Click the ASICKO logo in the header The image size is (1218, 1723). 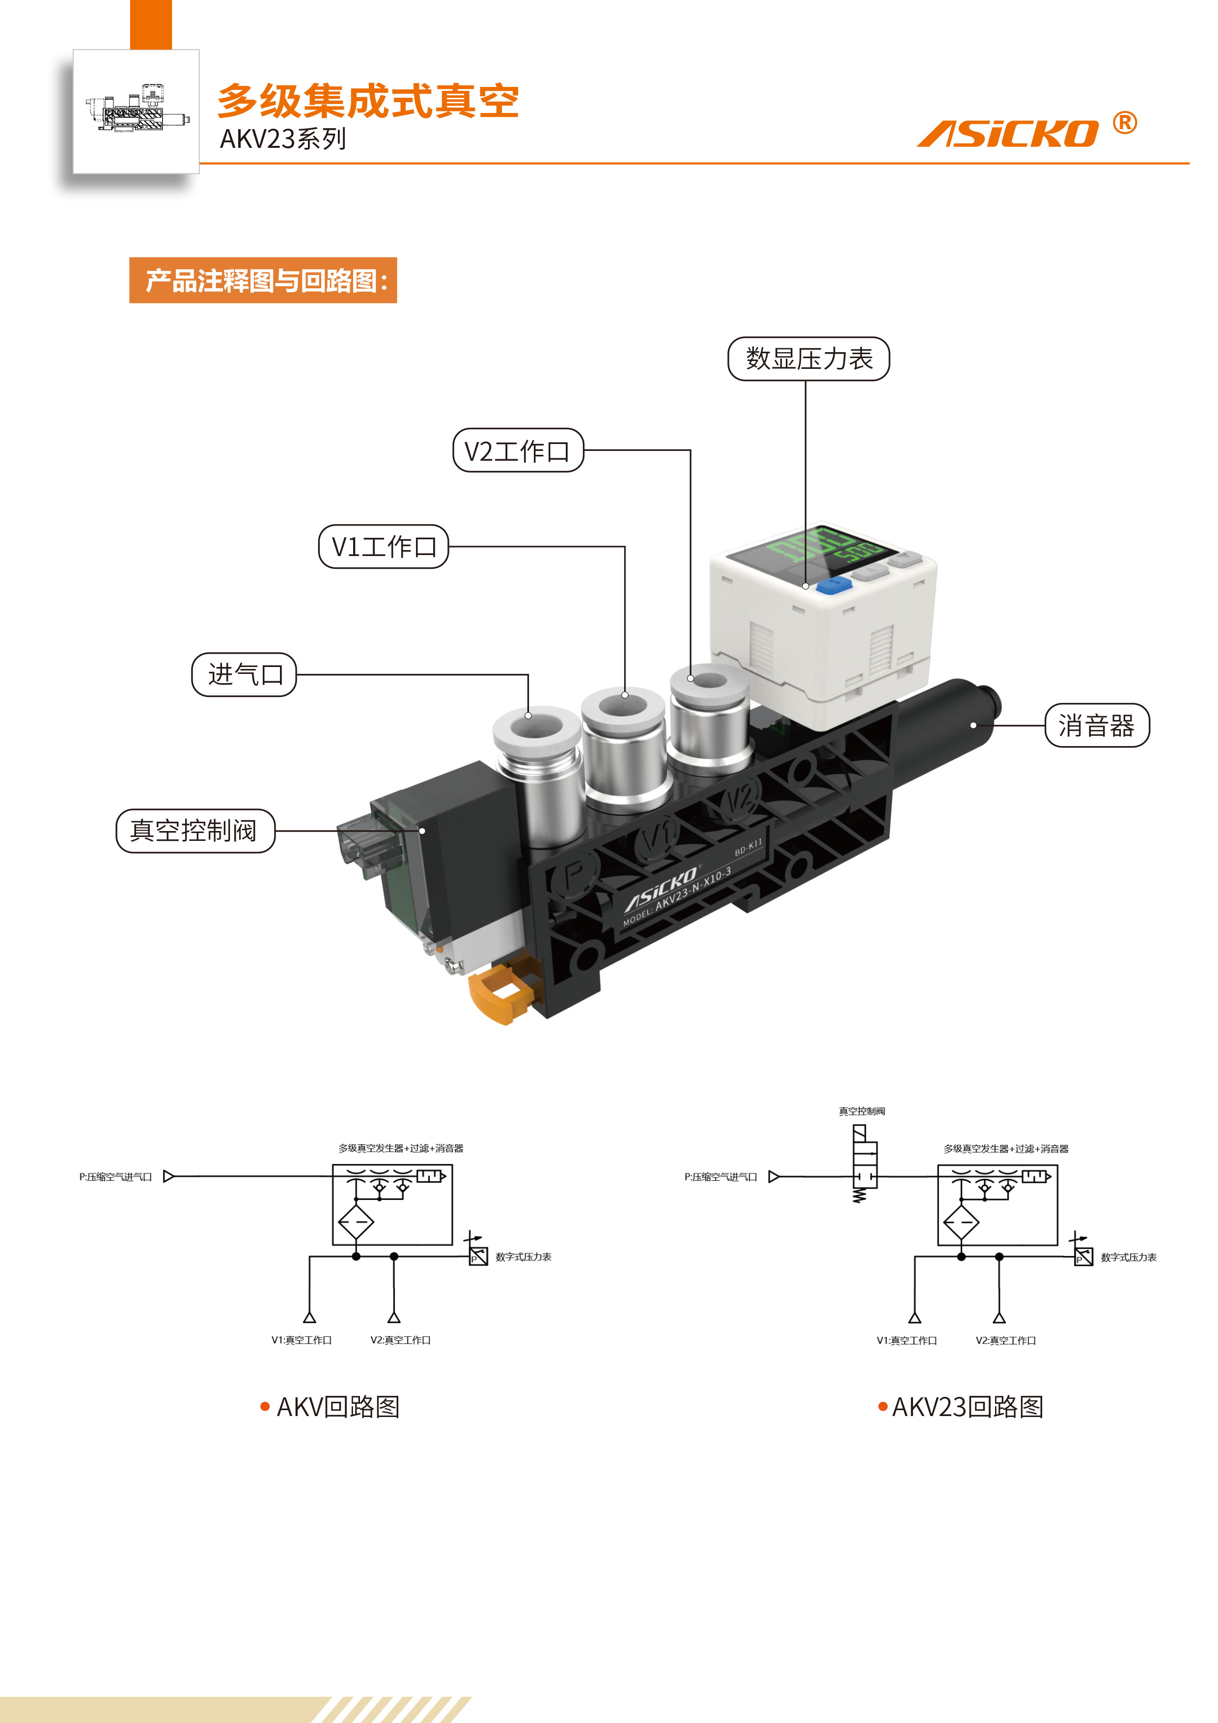pyautogui.click(x=1007, y=134)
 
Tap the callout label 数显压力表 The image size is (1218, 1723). pyautogui.click(x=808, y=359)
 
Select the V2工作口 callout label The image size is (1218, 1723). pyautogui.click(x=518, y=450)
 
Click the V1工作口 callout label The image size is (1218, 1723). pyautogui.click(x=384, y=546)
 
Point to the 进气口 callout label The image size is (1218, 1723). pyautogui.click(x=245, y=675)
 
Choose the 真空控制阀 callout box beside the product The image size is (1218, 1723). pyautogui.click(x=195, y=831)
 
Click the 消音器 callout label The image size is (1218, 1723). pyautogui.click(x=1096, y=725)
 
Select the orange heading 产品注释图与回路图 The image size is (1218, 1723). pyautogui.click(x=263, y=280)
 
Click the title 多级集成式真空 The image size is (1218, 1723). pyautogui.click(x=368, y=101)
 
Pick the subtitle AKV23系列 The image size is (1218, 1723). pyautogui.click(x=283, y=139)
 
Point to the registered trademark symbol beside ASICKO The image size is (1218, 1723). pyautogui.click(x=1124, y=122)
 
